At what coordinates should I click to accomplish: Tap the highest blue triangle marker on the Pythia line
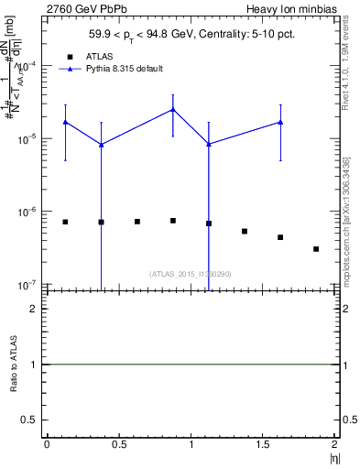pos(173,110)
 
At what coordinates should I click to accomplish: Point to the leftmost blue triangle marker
pos(65,122)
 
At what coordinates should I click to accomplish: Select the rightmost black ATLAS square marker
pos(316,249)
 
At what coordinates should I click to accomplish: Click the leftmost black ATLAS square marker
pos(65,222)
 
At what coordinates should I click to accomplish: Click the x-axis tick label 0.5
pos(119,444)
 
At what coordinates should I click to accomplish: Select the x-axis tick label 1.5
pos(263,444)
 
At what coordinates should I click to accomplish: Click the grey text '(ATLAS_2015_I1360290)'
pos(191,273)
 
